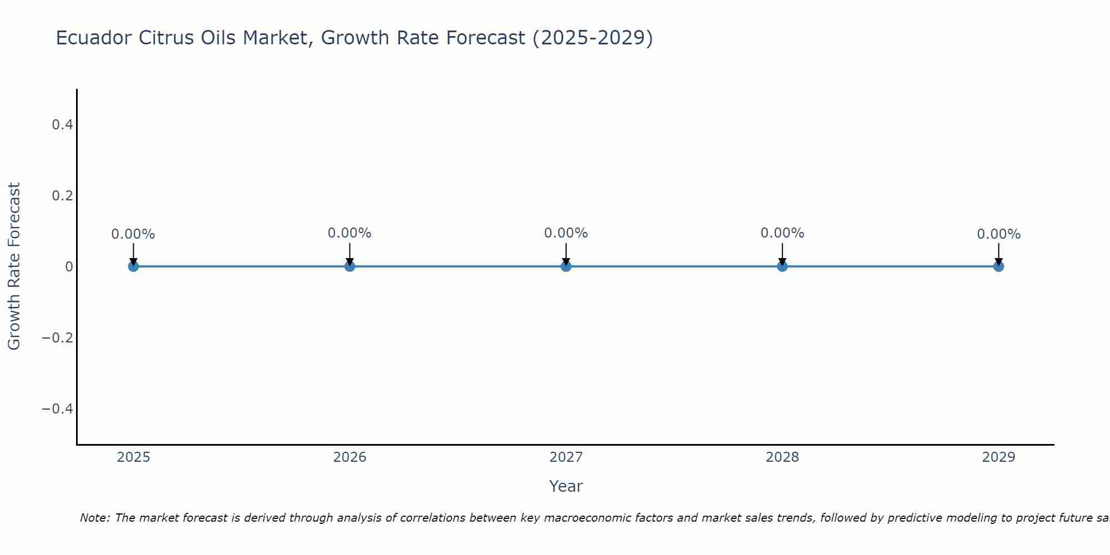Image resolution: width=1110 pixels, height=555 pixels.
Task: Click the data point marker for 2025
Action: (133, 266)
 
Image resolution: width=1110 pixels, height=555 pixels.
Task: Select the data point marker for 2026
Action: (350, 266)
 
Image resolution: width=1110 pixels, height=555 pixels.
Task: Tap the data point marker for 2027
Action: (566, 266)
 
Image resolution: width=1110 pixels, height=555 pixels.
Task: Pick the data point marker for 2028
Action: (782, 266)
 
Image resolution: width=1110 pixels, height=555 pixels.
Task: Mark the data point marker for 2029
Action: (998, 266)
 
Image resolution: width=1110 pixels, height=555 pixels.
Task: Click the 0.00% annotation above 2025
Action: (133, 234)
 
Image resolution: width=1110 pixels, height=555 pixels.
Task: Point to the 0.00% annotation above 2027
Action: (566, 233)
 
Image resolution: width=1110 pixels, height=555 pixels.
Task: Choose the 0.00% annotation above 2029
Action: (998, 234)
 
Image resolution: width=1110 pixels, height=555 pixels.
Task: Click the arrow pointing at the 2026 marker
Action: (350, 254)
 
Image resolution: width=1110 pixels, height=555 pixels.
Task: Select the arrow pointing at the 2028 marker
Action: (782, 254)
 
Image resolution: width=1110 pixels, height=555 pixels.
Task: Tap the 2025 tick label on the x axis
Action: (133, 457)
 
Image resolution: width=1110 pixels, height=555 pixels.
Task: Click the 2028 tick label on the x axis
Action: (782, 457)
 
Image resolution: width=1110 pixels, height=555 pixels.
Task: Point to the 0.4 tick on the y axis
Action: (62, 125)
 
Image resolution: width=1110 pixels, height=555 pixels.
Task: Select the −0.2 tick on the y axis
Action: (58, 338)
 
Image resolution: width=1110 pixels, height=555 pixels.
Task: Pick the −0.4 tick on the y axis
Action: (58, 409)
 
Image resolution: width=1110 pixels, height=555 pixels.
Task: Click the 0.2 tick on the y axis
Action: (62, 196)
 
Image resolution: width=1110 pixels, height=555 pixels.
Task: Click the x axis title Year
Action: (566, 486)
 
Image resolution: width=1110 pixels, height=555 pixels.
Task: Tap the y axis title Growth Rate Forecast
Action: (14, 266)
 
